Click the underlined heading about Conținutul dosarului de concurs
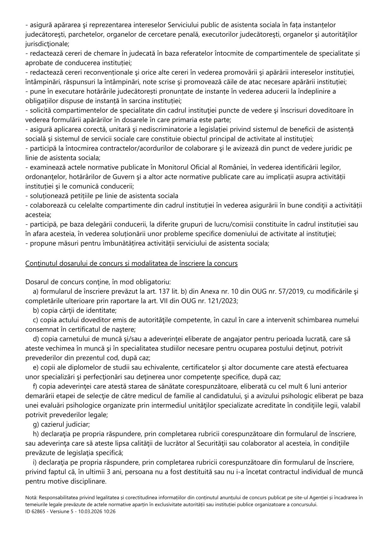coord(131,263)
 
